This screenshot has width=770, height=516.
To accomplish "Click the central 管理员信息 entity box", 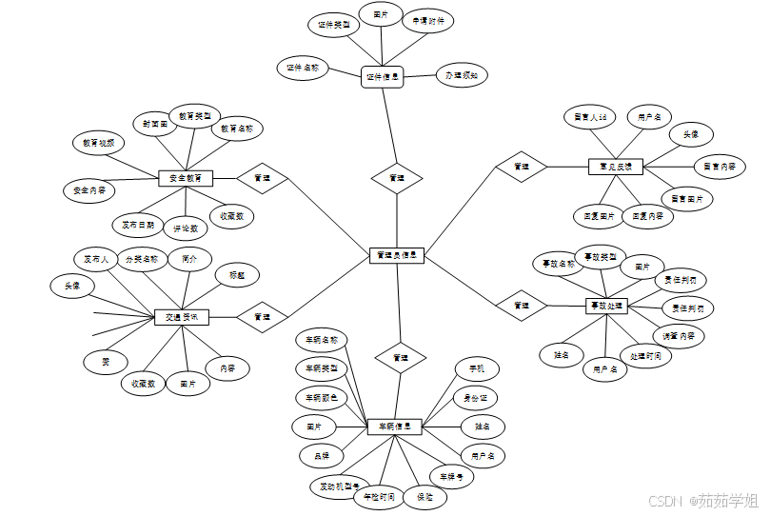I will point(396,255).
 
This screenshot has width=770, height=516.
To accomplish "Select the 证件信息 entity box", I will point(383,77).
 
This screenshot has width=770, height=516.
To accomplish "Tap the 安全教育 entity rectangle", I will point(185,178).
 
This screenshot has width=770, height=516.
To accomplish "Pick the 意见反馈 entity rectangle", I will point(615,167).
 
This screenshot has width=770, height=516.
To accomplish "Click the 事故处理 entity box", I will point(605,306).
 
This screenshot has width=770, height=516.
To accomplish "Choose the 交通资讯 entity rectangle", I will point(181,317).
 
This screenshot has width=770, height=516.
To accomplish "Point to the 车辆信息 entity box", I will point(394,427).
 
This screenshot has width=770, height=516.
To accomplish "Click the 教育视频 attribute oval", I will point(98,143).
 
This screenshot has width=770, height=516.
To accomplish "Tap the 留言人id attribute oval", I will point(591,117).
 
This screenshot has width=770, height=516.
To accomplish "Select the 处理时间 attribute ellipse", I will point(645,355).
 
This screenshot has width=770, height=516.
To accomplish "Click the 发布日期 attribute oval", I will point(139,226).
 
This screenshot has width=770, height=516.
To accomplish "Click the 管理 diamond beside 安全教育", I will point(262,177).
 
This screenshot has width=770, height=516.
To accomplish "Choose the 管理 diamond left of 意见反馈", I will point(522,167).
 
